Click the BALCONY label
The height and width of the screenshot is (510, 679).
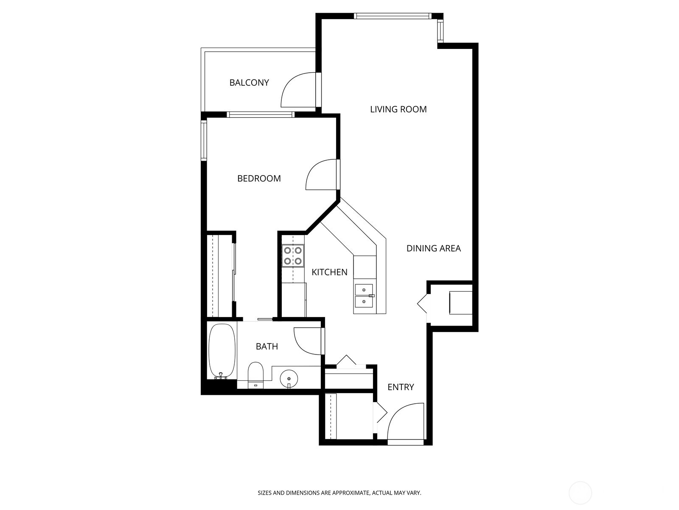pos(249,82)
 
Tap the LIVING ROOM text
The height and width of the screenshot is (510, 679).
pos(398,109)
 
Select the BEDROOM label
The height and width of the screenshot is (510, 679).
pos(259,178)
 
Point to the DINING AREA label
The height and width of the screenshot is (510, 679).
pos(433,248)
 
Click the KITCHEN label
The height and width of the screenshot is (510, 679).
pos(329,272)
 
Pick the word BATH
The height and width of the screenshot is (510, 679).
pos(267,346)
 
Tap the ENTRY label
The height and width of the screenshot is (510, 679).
pos(401,387)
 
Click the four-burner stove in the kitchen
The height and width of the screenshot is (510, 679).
pos(293,256)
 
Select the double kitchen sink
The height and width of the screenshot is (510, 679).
pos(364,295)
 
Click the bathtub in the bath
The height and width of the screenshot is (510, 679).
pos(222,351)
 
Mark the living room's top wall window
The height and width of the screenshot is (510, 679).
pos(392,16)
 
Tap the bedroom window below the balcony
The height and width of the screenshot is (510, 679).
pos(260,114)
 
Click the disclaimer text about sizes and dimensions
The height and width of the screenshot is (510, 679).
pos(339,493)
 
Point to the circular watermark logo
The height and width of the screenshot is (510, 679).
pos(580,493)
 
